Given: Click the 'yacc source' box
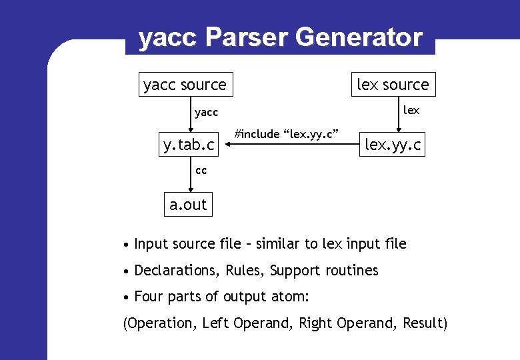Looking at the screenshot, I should [185, 85].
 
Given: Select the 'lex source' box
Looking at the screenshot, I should [393, 85].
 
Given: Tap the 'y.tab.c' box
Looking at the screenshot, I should [189, 145].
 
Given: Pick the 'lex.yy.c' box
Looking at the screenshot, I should [393, 145].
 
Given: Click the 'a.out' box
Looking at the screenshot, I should [189, 204].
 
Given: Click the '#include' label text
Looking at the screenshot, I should [257, 134].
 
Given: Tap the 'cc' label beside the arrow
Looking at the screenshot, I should [201, 171].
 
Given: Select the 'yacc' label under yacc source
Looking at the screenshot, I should [207, 112].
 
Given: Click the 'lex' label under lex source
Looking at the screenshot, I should [411, 110].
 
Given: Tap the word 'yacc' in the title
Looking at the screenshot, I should [168, 37].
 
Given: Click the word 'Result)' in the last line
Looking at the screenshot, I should [425, 323].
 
